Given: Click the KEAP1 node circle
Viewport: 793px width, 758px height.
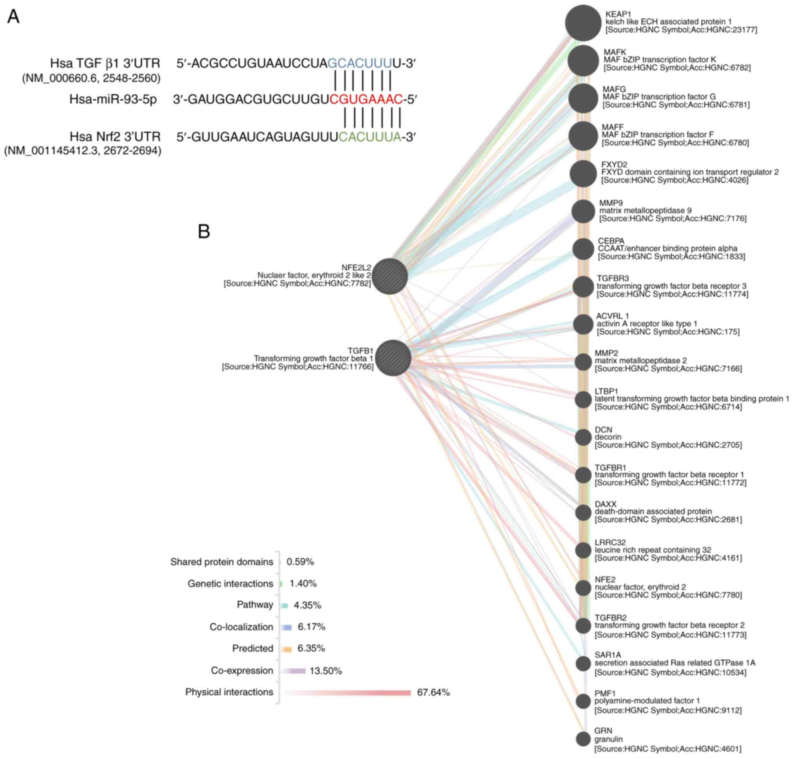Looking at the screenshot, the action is point(582,23).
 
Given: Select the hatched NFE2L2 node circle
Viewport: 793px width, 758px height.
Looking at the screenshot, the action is point(390,276).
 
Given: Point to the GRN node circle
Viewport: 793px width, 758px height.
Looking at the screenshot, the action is point(583,738).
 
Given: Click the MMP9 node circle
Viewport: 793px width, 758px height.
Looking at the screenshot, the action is point(583,211).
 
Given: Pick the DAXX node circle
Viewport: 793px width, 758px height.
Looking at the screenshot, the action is point(583,512).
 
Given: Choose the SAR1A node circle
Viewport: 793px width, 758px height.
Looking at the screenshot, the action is point(583,663).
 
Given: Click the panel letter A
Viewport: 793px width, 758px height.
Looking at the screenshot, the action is point(13,17).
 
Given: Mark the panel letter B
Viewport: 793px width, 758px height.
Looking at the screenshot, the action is point(204,231).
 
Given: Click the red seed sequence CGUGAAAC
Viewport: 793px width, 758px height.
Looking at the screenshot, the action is point(366,99).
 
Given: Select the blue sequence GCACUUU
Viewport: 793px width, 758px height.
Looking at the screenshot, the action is point(360,64).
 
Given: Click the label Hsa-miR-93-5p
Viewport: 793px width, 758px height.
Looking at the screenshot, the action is point(113,99).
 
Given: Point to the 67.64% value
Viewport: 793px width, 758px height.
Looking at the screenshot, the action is point(433,692).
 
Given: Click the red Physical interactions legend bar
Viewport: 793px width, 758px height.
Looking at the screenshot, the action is point(348,692).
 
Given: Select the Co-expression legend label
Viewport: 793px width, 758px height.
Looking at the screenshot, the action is point(242,670).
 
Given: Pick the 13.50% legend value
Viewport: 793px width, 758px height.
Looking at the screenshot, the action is point(325,671).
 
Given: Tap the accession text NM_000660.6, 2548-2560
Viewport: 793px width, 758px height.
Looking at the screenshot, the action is point(91,78).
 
